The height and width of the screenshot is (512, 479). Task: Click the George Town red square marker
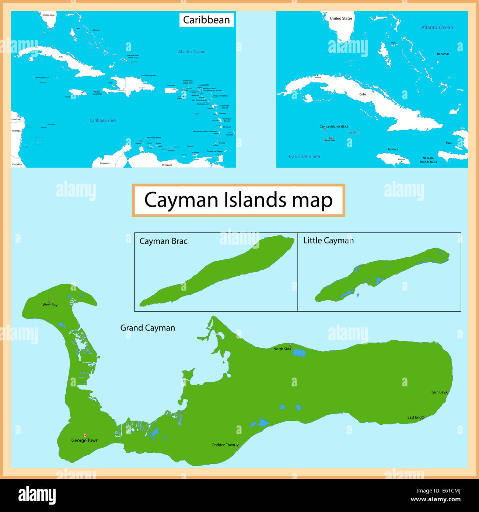click(x=85, y=435)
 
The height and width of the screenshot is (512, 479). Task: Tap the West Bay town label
click(x=50, y=305)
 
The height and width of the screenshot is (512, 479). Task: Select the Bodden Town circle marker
click(x=238, y=445)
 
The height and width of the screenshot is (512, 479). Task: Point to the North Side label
click(x=282, y=349)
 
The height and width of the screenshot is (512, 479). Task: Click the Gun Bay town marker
click(x=447, y=393)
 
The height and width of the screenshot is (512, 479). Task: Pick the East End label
click(x=415, y=417)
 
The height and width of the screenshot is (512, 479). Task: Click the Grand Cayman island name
click(x=147, y=328)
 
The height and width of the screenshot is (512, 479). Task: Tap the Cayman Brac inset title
click(x=163, y=241)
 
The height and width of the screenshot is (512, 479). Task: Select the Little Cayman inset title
click(x=328, y=241)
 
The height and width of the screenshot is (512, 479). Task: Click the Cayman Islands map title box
click(x=238, y=200)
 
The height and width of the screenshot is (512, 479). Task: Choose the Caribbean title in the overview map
click(x=206, y=20)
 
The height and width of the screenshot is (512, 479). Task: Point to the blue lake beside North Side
click(x=299, y=353)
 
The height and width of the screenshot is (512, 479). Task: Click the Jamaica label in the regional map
click(x=393, y=149)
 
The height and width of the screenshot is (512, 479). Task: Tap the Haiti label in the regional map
click(x=449, y=143)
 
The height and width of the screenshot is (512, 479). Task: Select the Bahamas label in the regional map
click(x=443, y=54)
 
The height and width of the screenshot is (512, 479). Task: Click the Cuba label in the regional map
click(x=363, y=94)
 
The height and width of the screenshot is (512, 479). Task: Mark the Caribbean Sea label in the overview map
click(x=103, y=120)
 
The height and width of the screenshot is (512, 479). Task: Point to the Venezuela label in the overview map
click(x=167, y=165)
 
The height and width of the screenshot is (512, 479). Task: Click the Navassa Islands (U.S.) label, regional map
click(x=428, y=160)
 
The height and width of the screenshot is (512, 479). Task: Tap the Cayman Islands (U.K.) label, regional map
click(x=333, y=127)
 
